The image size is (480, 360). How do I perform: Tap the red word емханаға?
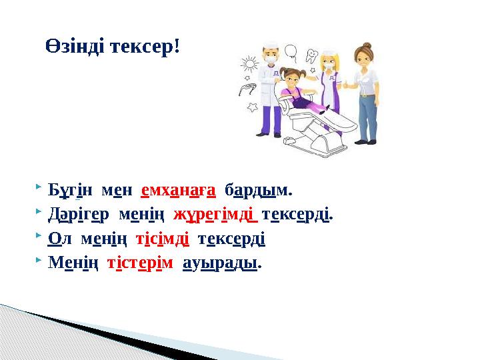click(178, 191)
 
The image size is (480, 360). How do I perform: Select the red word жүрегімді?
click(215, 215)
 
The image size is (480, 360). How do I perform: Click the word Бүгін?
click(67, 191)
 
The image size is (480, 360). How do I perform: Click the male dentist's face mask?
click(271, 59)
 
